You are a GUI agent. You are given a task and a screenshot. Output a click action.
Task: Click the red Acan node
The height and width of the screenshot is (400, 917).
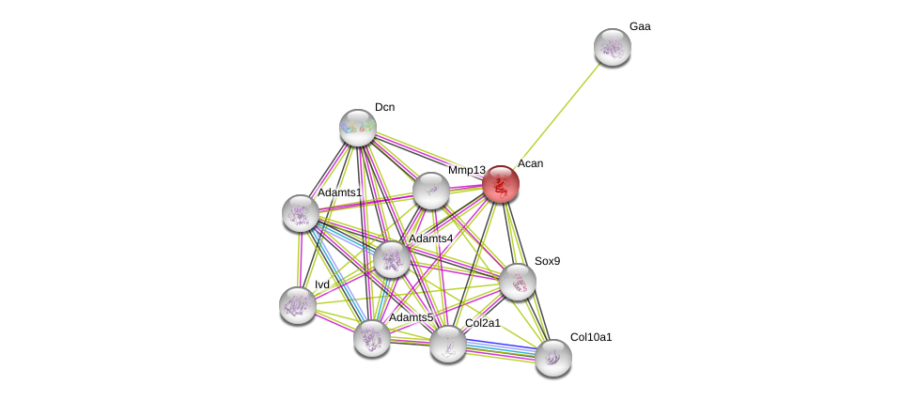click(501, 184)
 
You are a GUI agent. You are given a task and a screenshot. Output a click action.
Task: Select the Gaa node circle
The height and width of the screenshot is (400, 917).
click(612, 47)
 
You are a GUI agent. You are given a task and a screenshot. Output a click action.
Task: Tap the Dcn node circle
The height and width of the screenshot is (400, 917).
click(358, 128)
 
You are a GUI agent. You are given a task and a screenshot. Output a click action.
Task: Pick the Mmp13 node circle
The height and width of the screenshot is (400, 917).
click(431, 191)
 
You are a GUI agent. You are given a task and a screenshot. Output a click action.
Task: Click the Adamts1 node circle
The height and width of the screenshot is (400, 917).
click(301, 213)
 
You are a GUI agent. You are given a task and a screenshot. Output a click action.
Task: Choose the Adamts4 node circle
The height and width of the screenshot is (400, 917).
click(391, 258)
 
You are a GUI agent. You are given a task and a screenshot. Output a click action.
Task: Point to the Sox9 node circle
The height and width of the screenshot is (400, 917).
click(518, 282)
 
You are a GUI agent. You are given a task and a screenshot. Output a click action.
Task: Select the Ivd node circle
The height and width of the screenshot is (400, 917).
click(298, 305)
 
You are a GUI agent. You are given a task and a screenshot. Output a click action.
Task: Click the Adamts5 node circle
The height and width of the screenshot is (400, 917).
click(372, 338)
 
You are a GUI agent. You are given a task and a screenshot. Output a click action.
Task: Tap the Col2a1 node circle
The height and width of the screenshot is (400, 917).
click(448, 344)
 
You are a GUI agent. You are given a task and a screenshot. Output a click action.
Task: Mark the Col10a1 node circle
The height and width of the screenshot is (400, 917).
click(553, 357)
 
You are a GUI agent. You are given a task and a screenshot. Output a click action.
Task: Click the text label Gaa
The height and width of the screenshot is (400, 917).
click(640, 26)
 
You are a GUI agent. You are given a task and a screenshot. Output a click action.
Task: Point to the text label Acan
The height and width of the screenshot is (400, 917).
click(530, 163)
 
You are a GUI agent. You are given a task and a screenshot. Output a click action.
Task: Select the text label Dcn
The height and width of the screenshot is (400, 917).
click(384, 107)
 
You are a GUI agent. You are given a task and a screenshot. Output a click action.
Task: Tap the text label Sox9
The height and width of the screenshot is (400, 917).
click(547, 261)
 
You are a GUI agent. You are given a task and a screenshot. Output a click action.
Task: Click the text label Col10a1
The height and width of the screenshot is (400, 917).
click(591, 336)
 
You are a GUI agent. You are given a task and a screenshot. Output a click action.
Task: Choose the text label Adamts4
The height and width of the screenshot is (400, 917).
click(430, 238)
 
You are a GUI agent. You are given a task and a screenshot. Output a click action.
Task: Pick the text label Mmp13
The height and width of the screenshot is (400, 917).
click(466, 170)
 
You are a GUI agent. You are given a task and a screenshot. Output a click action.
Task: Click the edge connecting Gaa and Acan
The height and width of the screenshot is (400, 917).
click(556, 115)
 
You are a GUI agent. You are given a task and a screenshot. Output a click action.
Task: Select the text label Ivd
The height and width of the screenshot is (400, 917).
click(322, 285)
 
